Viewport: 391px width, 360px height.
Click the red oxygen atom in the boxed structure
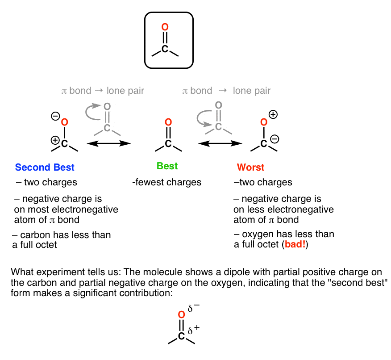tap(165, 27)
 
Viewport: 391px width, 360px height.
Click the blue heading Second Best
tap(45, 167)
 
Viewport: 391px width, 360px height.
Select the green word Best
tap(167, 166)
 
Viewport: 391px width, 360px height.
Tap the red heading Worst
tap(250, 167)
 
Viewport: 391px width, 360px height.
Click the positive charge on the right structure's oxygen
tap(273, 114)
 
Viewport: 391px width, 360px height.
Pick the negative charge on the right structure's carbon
tap(275, 139)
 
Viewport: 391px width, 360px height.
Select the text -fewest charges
tap(167, 182)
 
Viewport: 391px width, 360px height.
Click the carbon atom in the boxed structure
tap(165, 49)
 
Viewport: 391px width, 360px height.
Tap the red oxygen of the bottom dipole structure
tap(181, 314)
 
